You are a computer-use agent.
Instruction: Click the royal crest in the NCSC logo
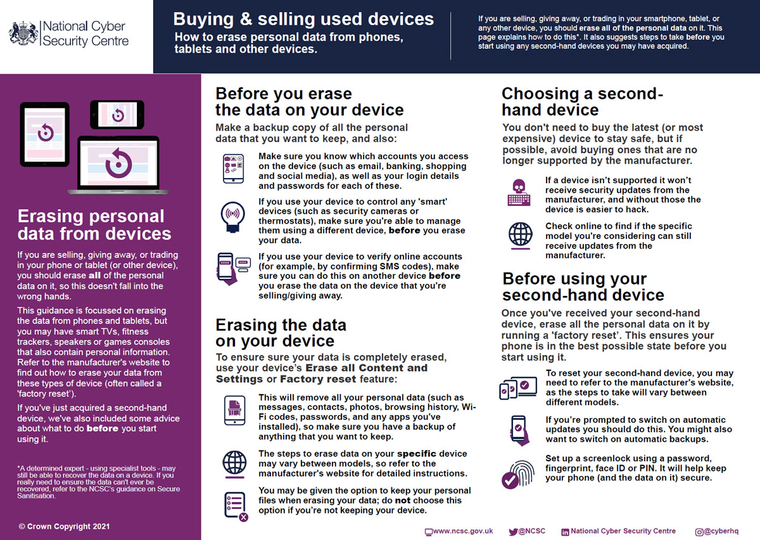(x=23, y=33)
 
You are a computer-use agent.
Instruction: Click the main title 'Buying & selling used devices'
(x=303, y=19)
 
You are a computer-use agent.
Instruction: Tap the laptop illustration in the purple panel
(x=118, y=165)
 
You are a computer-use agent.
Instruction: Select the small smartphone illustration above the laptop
(x=117, y=114)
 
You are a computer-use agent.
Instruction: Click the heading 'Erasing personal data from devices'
(x=94, y=224)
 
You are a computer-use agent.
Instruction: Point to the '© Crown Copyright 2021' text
(x=64, y=526)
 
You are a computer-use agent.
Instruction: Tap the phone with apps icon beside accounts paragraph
(x=233, y=169)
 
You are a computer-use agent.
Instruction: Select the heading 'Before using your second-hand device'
(x=583, y=287)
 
